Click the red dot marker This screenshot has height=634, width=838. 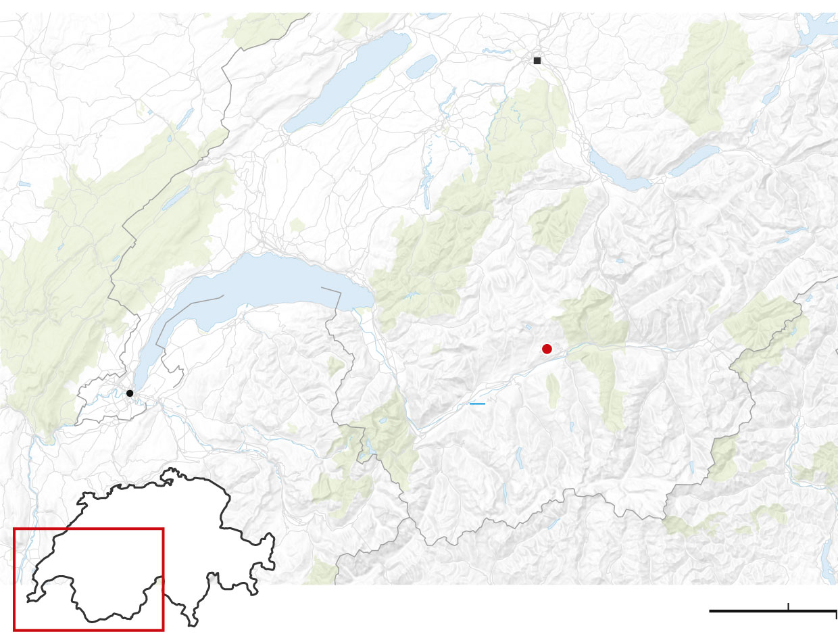point(547,349)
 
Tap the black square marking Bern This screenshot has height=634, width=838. point(537,61)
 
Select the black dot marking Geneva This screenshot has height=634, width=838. point(130,393)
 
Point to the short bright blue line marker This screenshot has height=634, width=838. point(477,404)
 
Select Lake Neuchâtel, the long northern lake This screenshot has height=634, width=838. point(348,81)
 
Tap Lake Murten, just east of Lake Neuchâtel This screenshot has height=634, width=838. point(422,66)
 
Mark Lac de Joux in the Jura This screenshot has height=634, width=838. point(175,197)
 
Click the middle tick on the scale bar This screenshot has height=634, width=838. point(788,607)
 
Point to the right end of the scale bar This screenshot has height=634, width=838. point(836,611)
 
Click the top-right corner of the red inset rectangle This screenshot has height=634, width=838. point(163,529)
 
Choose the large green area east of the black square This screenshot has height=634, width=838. point(706,74)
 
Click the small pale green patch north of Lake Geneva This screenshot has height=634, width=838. point(297,225)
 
